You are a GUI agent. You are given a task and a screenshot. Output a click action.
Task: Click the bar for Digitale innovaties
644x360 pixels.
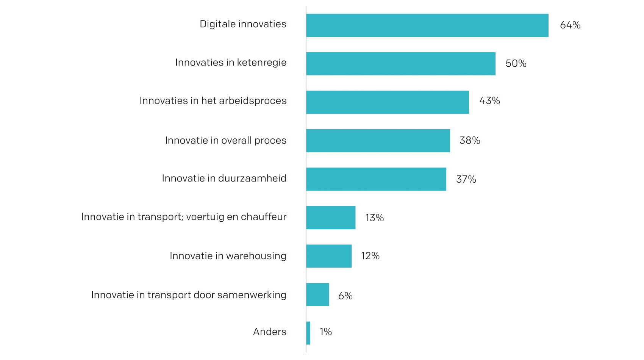coord(427,25)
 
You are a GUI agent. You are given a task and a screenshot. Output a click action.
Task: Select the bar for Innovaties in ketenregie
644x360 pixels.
coord(400,64)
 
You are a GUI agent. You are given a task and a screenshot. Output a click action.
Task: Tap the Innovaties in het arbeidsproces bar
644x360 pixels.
coord(387,102)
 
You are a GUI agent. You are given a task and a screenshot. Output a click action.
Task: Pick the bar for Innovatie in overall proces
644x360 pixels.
coord(378,141)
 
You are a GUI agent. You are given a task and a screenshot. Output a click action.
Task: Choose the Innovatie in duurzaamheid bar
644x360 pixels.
coord(376,179)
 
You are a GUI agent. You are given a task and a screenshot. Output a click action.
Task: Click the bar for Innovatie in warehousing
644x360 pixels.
coord(328,256)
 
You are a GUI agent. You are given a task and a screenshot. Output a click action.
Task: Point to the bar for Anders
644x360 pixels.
coord(308,333)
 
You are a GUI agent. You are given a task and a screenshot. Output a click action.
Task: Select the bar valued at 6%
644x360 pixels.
coord(317,294)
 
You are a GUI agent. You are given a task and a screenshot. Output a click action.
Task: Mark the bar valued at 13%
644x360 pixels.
coord(330,218)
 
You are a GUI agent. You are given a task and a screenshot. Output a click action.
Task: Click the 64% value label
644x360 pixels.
coord(570,25)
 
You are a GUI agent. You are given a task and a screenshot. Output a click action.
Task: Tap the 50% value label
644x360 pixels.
coord(516,63)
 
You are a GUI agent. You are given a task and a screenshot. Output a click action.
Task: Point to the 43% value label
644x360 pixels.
coord(489,101)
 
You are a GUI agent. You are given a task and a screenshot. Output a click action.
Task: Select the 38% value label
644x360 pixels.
coord(469,141)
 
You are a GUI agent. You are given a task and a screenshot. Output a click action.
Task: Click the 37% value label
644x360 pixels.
coord(466,179)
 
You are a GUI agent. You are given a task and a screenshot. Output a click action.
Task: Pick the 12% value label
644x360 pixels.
coord(370,256)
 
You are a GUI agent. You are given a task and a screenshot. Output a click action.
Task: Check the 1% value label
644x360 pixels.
coord(325,332)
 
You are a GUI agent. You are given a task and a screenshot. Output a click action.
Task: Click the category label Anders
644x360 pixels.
coord(269,332)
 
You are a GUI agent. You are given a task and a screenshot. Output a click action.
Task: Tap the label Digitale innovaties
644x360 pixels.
coord(243,24)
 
